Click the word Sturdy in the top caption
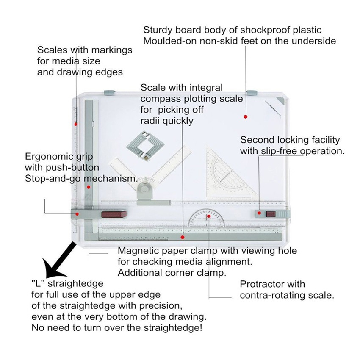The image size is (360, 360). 157,30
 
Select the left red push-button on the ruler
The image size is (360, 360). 114,214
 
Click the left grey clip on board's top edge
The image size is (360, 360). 109,92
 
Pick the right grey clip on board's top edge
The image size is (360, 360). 252,92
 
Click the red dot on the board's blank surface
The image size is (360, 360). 245,116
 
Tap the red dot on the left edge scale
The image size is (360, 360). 76,124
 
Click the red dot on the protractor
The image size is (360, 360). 209,216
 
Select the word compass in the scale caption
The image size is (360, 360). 162,99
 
